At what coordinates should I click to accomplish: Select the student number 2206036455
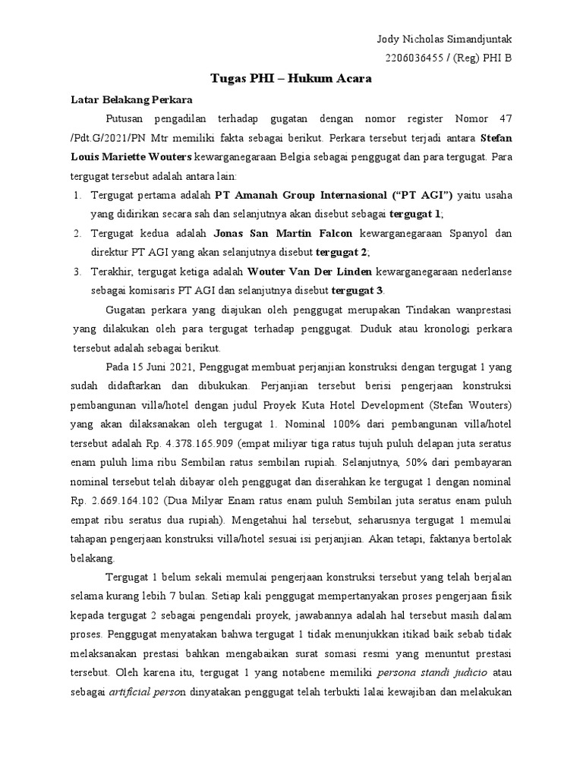(417, 58)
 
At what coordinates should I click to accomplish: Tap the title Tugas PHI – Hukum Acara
(291, 78)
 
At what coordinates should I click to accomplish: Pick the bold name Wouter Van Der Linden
(301, 271)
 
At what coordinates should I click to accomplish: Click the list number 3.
(77, 271)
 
